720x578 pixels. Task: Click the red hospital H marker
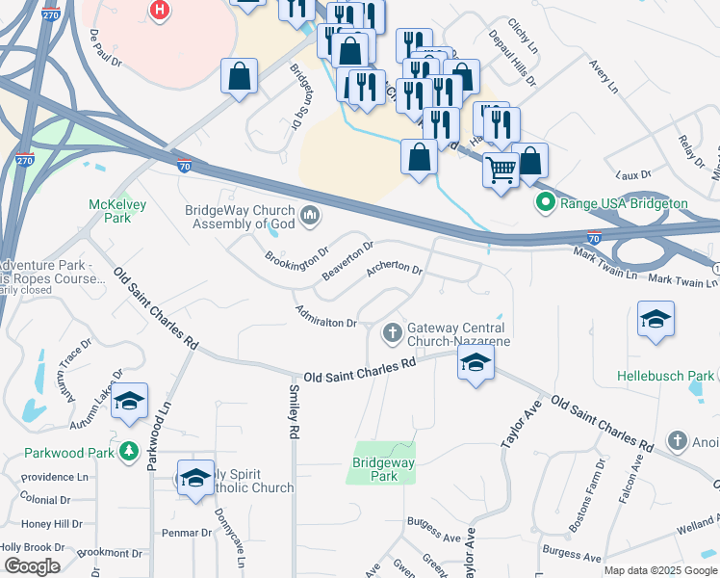161,10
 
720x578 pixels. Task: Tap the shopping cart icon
501,171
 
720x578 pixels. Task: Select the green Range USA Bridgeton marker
546,203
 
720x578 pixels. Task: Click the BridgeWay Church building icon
310,214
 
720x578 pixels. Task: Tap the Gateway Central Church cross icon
392,333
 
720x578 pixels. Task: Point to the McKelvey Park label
110,211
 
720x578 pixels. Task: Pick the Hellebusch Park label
666,376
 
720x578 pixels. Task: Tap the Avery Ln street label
602,70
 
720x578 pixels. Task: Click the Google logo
32,566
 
